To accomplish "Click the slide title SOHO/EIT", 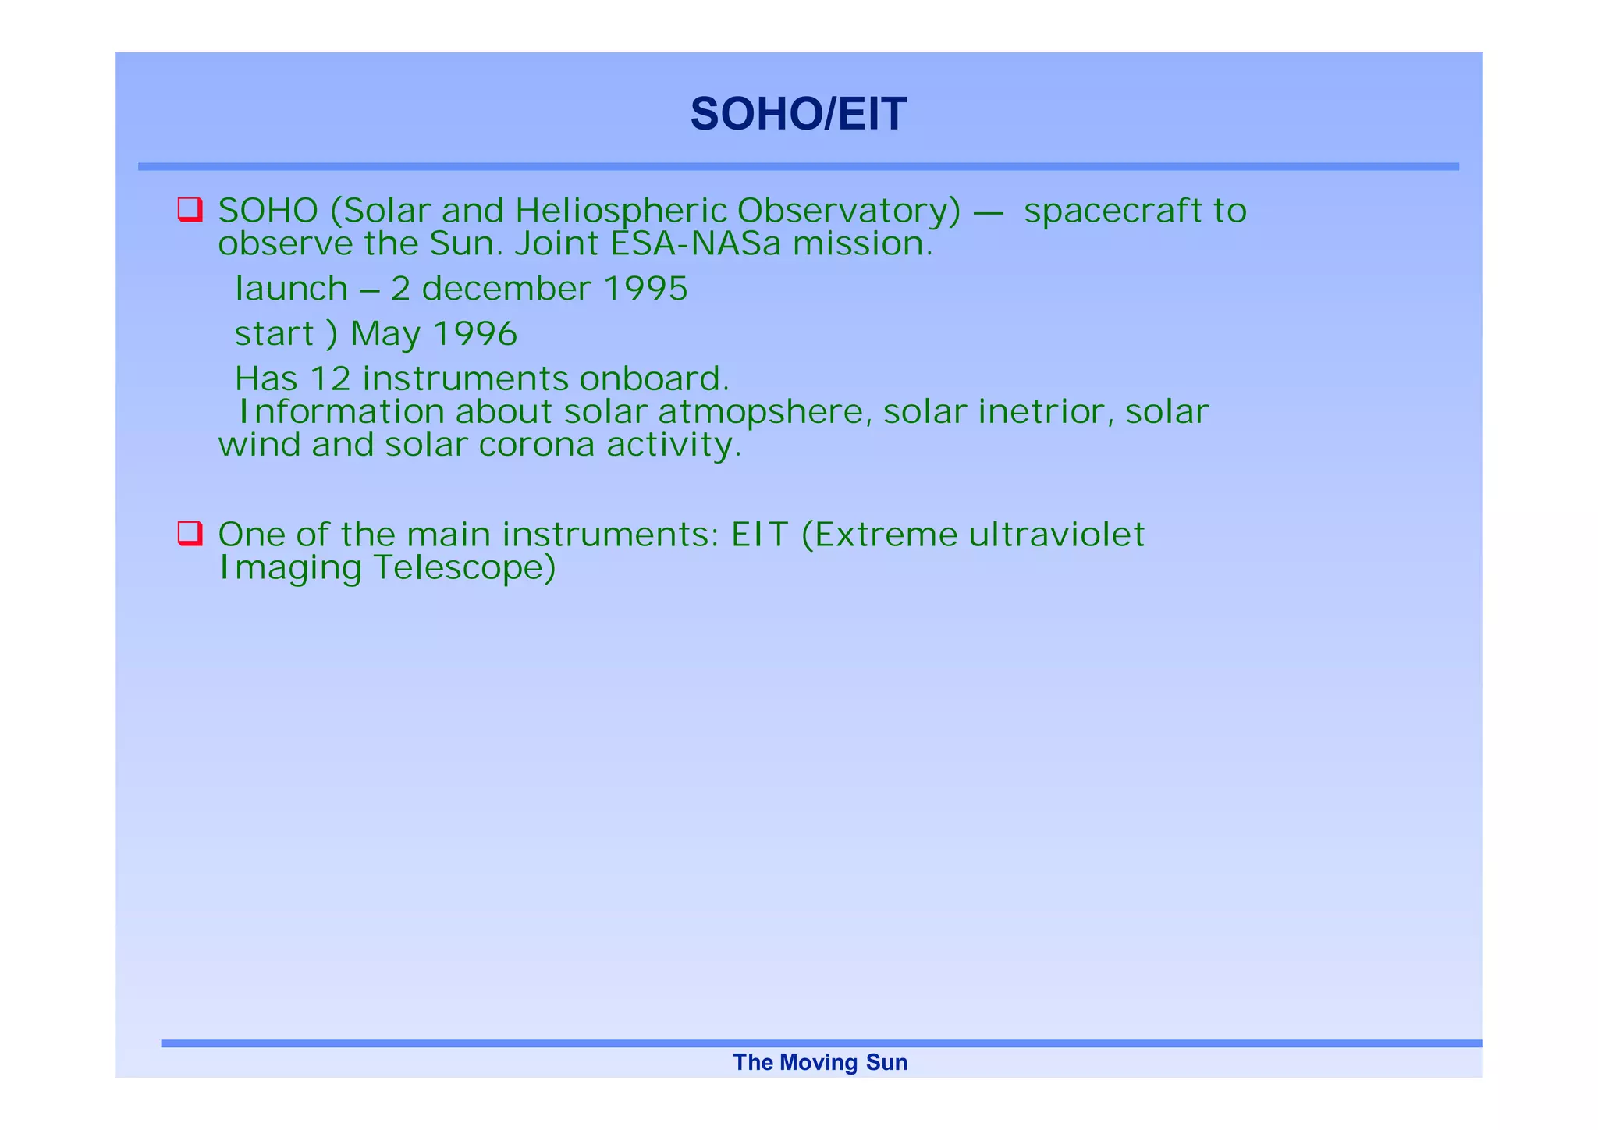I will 798,114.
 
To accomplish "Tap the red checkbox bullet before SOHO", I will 190,210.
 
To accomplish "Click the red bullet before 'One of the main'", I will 190,534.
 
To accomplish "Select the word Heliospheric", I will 621,211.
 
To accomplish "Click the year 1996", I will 475,334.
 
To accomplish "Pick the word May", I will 385,334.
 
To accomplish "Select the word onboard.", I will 654,379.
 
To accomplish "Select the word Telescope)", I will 465,568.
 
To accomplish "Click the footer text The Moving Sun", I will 820,1063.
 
